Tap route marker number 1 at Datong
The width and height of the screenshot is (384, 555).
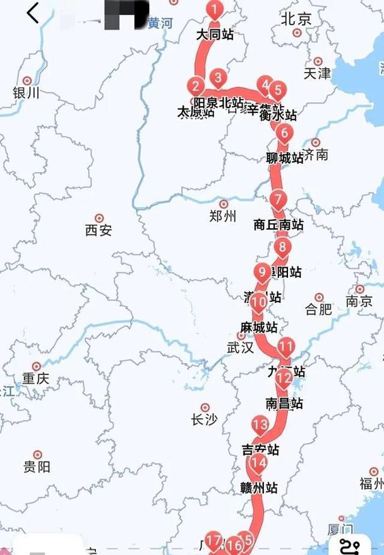point(215,10)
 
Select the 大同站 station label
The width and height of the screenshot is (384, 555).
point(215,34)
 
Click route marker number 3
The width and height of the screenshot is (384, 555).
point(218,78)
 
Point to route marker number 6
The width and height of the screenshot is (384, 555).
point(285,133)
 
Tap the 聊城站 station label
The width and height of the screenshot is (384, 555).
point(285,158)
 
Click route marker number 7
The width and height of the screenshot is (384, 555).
point(279,200)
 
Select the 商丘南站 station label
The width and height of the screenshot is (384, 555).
point(278,224)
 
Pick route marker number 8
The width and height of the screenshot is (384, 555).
point(282,248)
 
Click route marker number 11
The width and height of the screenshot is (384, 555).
point(286,346)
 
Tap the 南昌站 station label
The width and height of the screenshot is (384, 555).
point(284,403)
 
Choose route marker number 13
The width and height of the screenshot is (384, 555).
point(260,424)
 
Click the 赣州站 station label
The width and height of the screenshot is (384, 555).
point(259,487)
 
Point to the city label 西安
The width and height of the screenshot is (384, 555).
point(99,230)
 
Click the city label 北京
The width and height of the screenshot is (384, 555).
point(296,20)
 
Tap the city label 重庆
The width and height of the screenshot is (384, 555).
point(35,379)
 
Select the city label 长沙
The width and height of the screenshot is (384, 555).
point(203,419)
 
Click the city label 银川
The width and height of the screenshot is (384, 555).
point(26,93)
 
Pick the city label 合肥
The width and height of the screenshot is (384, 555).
point(318,309)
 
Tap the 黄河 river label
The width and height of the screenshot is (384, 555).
point(160,23)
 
